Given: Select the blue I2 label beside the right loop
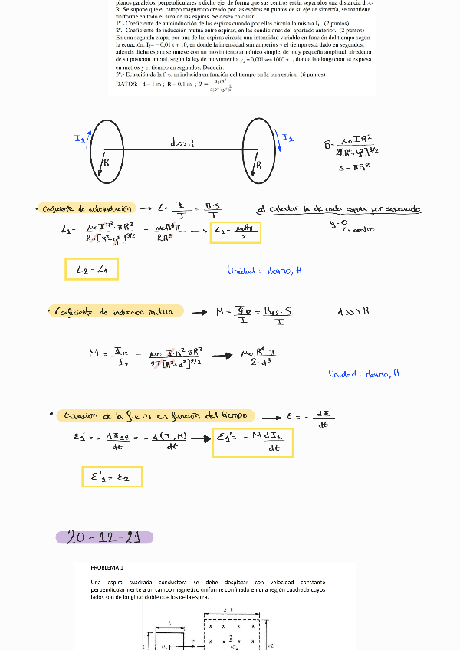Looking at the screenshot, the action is pyautogui.click(x=287, y=137).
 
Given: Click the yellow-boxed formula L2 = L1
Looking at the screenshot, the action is pyautogui.click(x=91, y=269).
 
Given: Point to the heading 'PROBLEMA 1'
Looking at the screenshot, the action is pyautogui.click(x=107, y=568).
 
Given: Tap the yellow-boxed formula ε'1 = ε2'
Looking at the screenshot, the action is pyautogui.click(x=112, y=477).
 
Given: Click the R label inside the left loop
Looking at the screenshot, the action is pyautogui.click(x=106, y=162).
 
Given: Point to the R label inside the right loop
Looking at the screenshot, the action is pyautogui.click(x=258, y=164).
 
